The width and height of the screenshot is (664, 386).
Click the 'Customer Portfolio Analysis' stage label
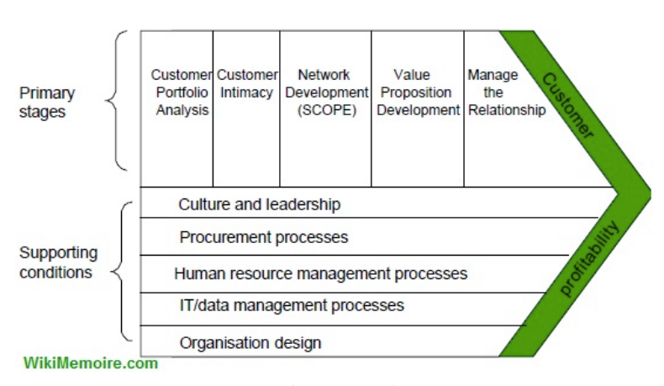coord(182,93)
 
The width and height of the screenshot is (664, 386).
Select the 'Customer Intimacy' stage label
coord(247,83)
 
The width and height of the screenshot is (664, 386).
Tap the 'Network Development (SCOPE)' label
coord(326,93)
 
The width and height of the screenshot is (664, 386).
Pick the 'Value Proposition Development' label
coord(418,93)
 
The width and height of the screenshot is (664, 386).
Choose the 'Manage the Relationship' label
coord(507,93)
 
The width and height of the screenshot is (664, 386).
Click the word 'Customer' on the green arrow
coord(568,106)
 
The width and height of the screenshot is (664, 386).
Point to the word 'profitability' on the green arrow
coord(589,258)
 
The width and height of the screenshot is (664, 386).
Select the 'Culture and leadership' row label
coord(259,204)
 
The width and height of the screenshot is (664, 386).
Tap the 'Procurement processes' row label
coord(263,237)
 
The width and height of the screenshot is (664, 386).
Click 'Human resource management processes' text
coord(320,273)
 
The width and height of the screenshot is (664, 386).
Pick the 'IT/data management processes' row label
coord(292,305)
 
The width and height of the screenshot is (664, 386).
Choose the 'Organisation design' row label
coord(250,342)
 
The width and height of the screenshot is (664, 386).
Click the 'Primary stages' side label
coord(47,102)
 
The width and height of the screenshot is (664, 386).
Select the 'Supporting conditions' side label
coord(59,262)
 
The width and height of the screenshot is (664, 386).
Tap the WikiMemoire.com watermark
coord(91,363)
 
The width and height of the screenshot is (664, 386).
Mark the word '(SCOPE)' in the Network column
coord(327,110)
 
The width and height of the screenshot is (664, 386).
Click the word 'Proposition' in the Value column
coord(416,93)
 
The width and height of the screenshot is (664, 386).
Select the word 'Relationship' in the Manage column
coord(507,110)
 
